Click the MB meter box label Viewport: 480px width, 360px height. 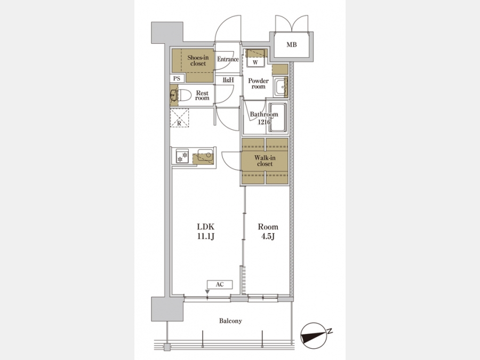pos(291,45)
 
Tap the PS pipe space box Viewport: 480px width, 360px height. pos(177,78)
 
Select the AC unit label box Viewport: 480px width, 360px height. pos(220,285)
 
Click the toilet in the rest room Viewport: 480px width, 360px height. pos(183,95)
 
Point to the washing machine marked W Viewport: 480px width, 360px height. pos(255,62)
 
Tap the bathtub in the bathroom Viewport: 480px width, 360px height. pos(278,117)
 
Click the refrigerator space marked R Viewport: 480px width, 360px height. pos(179,118)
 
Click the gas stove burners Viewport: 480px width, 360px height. pos(182,157)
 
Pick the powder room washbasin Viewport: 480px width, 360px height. pos(280,87)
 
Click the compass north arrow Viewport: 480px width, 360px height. pos(314,336)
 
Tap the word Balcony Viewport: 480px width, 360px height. pos(230,321)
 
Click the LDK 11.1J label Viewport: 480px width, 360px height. pos(205,231)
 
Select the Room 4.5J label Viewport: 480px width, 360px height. pos(268,231)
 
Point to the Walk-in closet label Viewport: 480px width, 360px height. pos(265,161)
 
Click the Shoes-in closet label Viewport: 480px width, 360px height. pos(198,60)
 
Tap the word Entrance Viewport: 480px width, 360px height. pos(228,59)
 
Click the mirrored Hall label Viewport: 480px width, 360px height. pos(228,80)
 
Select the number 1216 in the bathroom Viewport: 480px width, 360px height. pos(264,122)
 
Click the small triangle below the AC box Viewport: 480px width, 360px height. pos(207,292)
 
